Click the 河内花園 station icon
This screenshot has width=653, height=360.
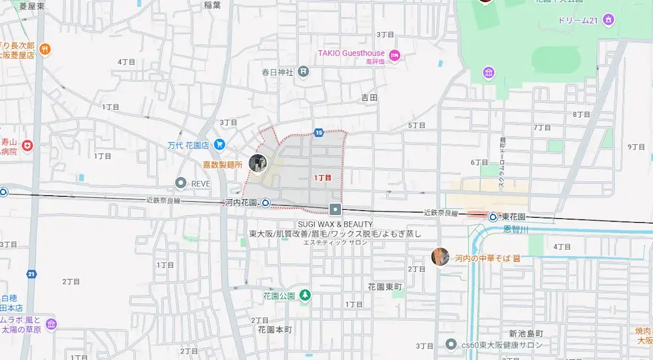pyautogui.click(x=266, y=203)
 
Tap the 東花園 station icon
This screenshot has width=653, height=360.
pyautogui.click(x=494, y=217)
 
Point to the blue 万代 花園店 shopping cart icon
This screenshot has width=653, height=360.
pyautogui.click(x=219, y=144)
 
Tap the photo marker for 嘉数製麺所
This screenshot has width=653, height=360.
pyautogui.click(x=258, y=163)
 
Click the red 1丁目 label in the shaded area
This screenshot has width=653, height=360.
pyautogui.click(x=323, y=177)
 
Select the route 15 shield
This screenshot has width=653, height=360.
pyautogui.click(x=319, y=133)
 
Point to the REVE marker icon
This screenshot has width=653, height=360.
pyautogui.click(x=182, y=184)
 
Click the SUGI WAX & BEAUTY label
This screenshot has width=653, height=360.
pyautogui.click(x=335, y=224)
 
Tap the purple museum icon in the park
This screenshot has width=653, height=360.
pyautogui.click(x=488, y=73)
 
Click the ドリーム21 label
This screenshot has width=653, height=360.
pyautogui.click(x=578, y=20)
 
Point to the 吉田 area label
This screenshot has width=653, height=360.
pyautogui.click(x=370, y=97)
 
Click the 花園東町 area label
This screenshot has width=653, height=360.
pyautogui.click(x=385, y=287)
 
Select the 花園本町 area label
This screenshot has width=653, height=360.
pyautogui.click(x=270, y=331)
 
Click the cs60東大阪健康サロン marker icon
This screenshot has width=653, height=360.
pyautogui.click(x=450, y=344)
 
